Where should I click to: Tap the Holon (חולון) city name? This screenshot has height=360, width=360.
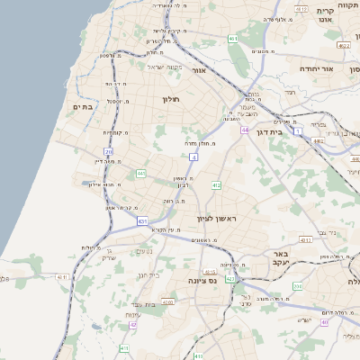[172, 99]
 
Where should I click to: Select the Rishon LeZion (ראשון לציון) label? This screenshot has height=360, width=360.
[215, 219]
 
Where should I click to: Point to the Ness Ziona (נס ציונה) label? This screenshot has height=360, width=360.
[185, 282]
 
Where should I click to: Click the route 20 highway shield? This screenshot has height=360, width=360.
[109, 152]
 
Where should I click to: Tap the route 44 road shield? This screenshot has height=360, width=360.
[244, 130]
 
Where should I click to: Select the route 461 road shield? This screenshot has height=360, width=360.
[233, 39]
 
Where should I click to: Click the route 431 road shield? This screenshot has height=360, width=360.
[143, 220]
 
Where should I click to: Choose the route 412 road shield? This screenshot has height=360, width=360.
[216, 185]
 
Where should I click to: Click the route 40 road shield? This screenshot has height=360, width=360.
[324, 322]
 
